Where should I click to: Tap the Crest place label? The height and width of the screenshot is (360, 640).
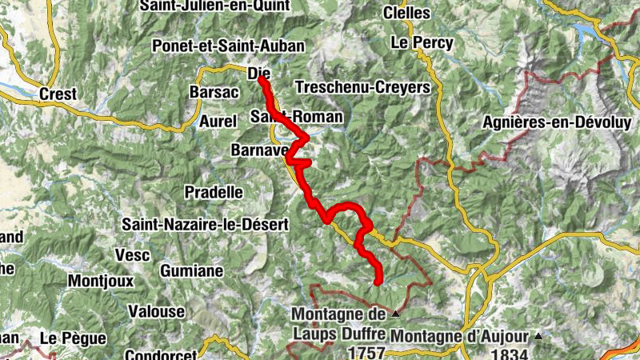(58, 94)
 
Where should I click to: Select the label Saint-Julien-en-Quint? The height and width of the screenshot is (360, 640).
(214, 6)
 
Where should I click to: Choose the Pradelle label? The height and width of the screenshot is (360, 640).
(214, 192)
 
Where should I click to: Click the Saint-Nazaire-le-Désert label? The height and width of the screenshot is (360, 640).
(205, 226)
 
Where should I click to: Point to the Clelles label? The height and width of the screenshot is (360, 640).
(406, 14)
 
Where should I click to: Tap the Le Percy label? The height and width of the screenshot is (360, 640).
(422, 42)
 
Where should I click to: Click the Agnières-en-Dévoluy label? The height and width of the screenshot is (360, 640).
(558, 122)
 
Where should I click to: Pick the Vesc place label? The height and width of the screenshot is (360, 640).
(133, 254)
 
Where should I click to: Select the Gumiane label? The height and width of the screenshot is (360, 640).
(190, 271)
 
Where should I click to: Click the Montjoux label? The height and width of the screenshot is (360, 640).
(99, 282)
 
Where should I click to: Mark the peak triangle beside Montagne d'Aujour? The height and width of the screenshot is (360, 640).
(538, 336)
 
